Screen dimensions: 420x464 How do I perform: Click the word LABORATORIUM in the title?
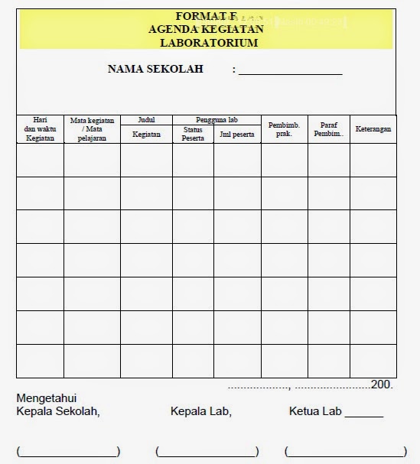click(x=209, y=43)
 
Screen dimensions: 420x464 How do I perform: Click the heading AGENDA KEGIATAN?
click(x=207, y=29)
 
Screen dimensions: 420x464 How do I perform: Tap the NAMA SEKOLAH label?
click(x=155, y=69)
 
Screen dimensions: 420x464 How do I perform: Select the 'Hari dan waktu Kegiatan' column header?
click(x=40, y=128)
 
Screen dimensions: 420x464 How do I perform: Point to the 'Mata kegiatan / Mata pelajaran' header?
click(x=92, y=128)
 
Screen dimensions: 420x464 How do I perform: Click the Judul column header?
click(x=146, y=120)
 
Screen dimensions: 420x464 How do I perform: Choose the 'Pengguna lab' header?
click(x=217, y=120)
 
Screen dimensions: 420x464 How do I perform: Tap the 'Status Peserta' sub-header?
click(x=193, y=135)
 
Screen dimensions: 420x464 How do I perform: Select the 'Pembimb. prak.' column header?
click(x=284, y=128)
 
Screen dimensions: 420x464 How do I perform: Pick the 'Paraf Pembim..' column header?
click(x=329, y=128)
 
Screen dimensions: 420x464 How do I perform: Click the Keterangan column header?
click(x=373, y=129)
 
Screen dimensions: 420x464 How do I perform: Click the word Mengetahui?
click(x=47, y=397)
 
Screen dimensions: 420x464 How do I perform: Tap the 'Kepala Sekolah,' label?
click(x=58, y=411)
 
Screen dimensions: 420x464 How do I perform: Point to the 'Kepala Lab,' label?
click(x=201, y=411)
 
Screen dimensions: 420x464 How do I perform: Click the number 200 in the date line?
click(x=381, y=385)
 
